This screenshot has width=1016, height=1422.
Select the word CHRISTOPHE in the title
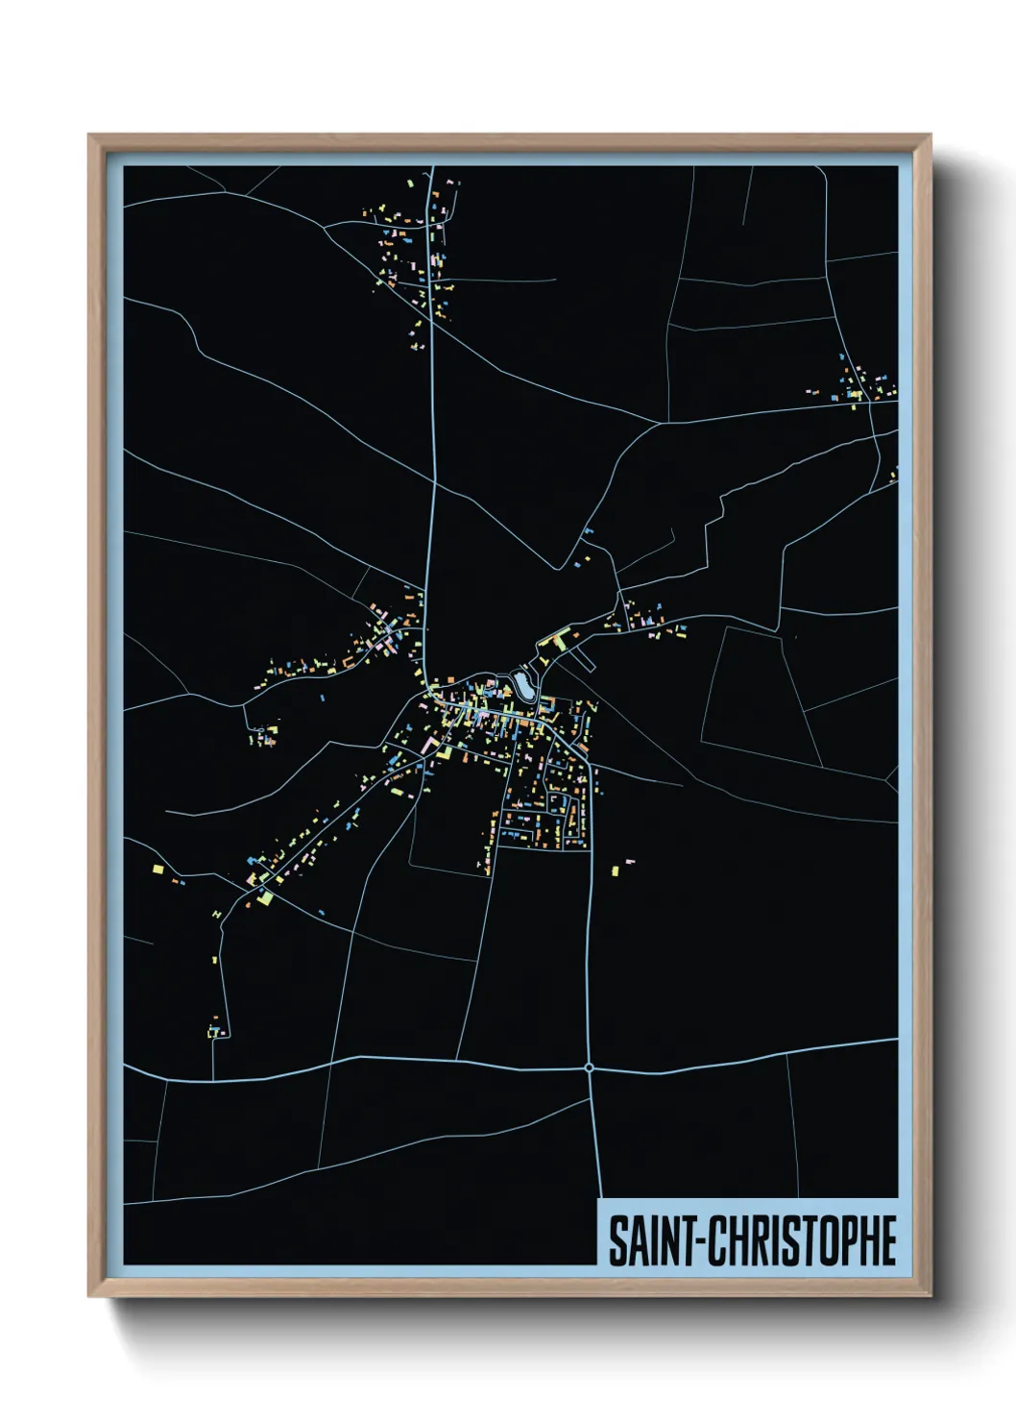[x=805, y=1241]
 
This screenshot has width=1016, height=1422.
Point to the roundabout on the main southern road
[x=589, y=1066]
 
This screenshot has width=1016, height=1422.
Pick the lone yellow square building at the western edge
[x=158, y=869]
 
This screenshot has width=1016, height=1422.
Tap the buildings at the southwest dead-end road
[x=216, y=1032]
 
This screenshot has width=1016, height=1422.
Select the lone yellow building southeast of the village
[x=616, y=870]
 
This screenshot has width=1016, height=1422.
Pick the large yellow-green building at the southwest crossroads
[x=265, y=898]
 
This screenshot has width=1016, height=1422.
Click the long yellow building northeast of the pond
[x=553, y=638]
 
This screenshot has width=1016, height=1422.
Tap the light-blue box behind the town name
[x=749, y=1233]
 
